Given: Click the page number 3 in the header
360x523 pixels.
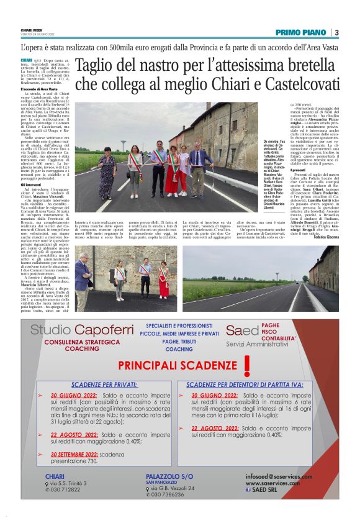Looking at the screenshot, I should pos(336,32).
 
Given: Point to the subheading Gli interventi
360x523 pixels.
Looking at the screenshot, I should pos(31,184).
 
